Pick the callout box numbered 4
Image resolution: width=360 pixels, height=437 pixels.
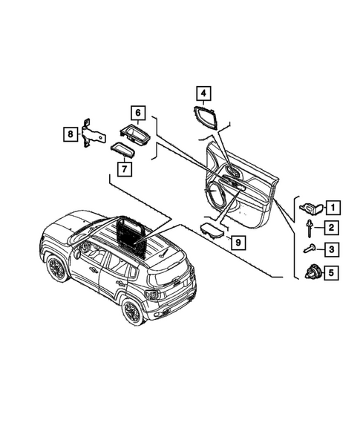pos(203,93)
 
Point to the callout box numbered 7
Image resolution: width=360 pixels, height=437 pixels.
pos(124,168)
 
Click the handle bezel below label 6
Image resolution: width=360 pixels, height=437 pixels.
pos(137,134)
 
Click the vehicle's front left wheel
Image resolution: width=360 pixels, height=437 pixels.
pos(56,268)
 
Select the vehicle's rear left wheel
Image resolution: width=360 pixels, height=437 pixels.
pos(131,311)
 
